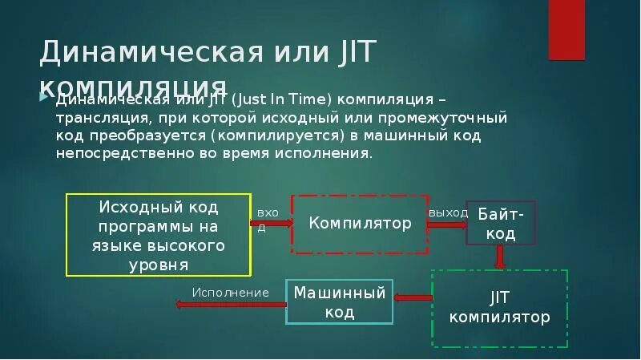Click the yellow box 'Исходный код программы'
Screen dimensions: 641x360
(x=157, y=235)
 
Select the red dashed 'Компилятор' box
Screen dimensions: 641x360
(x=360, y=224)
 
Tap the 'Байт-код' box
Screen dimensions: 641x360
(x=501, y=223)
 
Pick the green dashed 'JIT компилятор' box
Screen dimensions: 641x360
(x=499, y=309)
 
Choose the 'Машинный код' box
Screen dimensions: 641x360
(x=340, y=301)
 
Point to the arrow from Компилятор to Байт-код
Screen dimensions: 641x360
(x=446, y=225)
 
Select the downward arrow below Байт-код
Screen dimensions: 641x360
(x=500, y=257)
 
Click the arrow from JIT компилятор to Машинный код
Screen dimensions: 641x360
(x=413, y=298)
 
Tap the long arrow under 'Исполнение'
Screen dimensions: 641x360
(x=232, y=304)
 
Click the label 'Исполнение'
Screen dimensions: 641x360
(x=230, y=291)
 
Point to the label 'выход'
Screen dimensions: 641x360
(x=449, y=212)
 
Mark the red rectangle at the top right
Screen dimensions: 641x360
(x=577, y=30)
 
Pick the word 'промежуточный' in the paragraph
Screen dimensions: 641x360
(x=458, y=117)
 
